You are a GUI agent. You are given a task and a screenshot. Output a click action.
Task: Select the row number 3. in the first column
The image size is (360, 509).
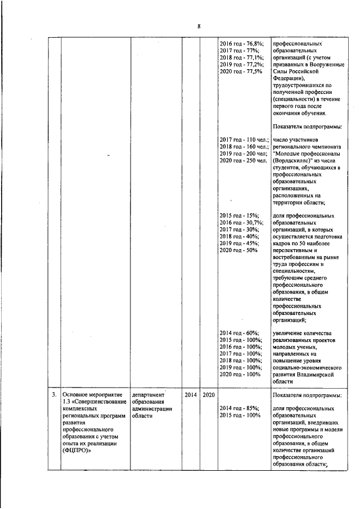pyautogui.click(x=53, y=395)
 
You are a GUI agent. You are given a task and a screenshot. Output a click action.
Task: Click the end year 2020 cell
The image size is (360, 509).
pyautogui.click(x=208, y=395)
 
